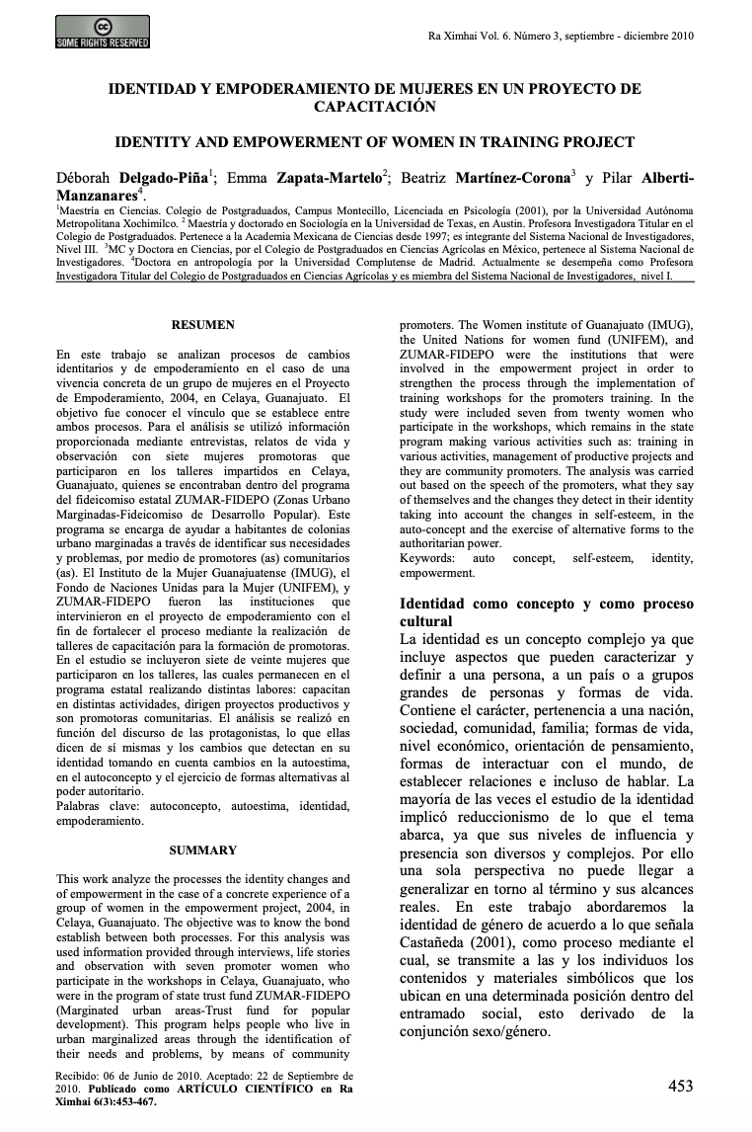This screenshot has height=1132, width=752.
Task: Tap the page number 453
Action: [x=680, y=1087]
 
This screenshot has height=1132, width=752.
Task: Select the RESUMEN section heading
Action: [x=203, y=325]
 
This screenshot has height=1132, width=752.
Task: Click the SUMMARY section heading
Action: [x=203, y=849]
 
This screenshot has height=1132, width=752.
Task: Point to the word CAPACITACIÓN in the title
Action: [x=375, y=106]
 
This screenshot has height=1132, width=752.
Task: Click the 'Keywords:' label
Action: [x=427, y=558]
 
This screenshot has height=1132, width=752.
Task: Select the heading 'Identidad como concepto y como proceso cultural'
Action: [x=546, y=612]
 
